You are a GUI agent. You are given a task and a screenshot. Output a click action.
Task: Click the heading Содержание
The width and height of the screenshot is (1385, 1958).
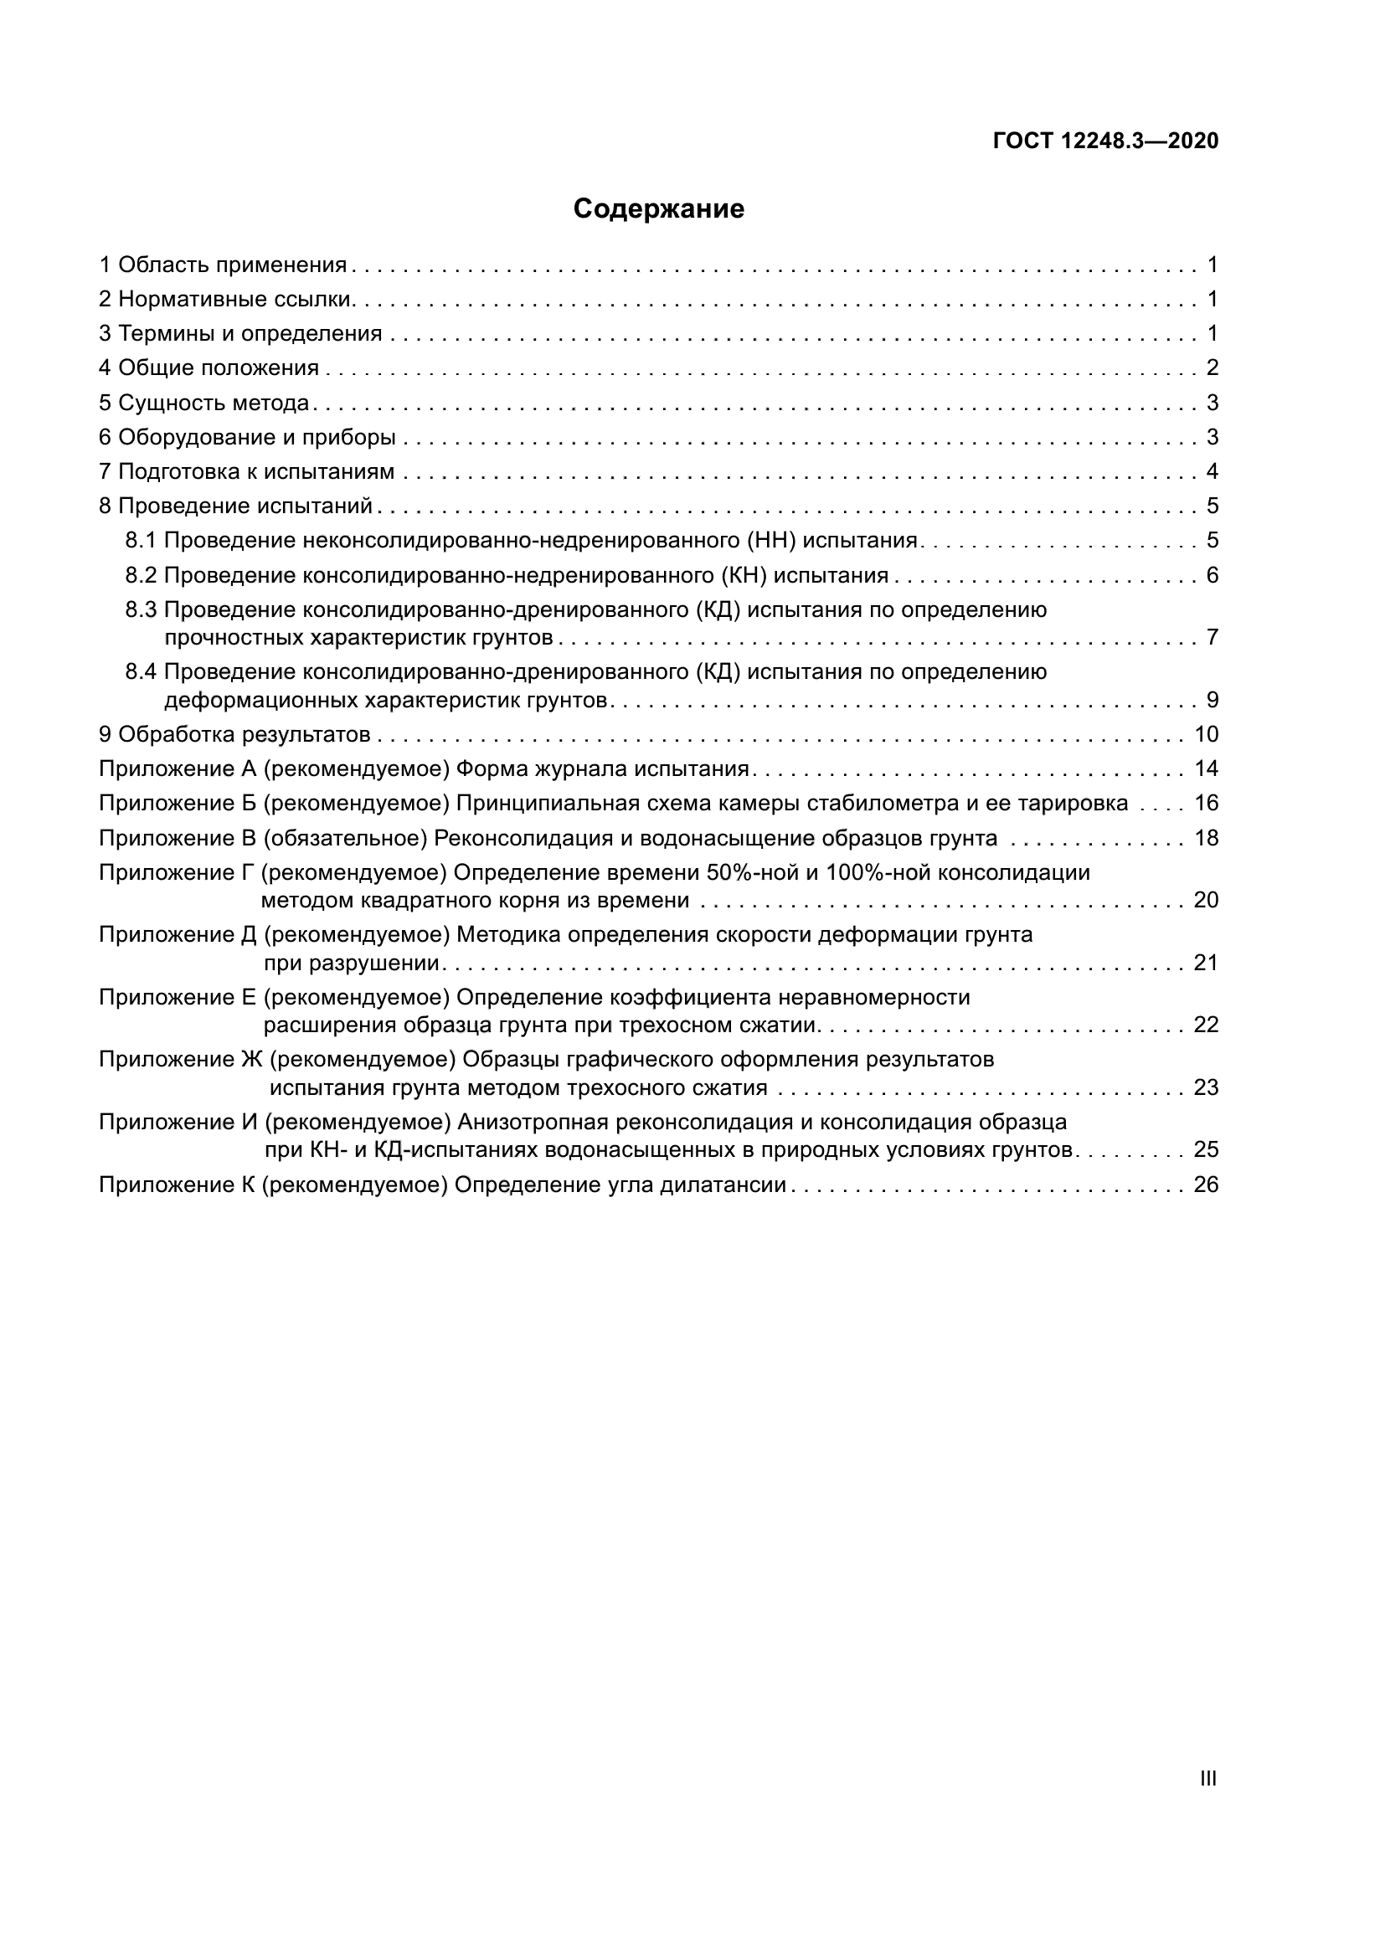click(658, 209)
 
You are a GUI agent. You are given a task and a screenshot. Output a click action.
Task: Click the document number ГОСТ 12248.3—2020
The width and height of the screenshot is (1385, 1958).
click(1105, 141)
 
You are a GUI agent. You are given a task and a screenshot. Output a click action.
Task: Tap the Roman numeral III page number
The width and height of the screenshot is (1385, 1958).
click(1207, 1779)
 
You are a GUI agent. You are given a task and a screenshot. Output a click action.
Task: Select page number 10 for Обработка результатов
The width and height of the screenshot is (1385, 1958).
click(1206, 734)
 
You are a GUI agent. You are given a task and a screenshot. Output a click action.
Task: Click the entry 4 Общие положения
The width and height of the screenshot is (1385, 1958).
click(209, 367)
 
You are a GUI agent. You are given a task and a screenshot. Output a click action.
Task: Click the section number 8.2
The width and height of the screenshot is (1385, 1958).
click(141, 576)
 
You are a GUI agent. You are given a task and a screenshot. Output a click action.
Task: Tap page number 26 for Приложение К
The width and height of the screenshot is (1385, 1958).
click(1206, 1185)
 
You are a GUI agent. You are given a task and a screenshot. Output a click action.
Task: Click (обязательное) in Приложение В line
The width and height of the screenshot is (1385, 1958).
click(344, 838)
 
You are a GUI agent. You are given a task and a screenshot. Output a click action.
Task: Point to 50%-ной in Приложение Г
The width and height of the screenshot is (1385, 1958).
click(750, 872)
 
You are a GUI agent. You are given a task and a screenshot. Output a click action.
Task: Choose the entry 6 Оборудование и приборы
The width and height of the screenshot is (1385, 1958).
click(247, 438)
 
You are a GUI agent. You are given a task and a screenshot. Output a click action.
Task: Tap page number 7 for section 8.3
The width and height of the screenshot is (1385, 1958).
click(1212, 637)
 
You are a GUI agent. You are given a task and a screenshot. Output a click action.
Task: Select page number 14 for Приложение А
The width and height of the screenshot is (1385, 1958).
click(1206, 768)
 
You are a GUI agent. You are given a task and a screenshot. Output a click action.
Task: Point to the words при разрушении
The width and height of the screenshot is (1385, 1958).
click(352, 963)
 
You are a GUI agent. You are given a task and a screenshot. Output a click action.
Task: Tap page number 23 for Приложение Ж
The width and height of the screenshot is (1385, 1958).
click(1206, 1087)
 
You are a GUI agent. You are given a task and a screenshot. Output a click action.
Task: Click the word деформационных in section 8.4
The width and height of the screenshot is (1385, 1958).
click(260, 700)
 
